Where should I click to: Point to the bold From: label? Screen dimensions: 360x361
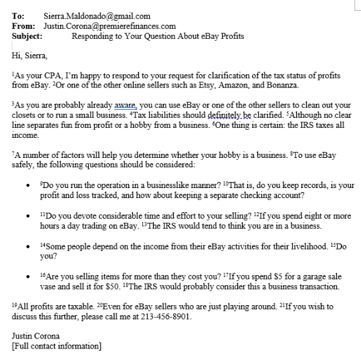pyautogui.click(x=23, y=26)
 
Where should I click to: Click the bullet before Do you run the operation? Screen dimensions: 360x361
pyautogui.click(x=25, y=185)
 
